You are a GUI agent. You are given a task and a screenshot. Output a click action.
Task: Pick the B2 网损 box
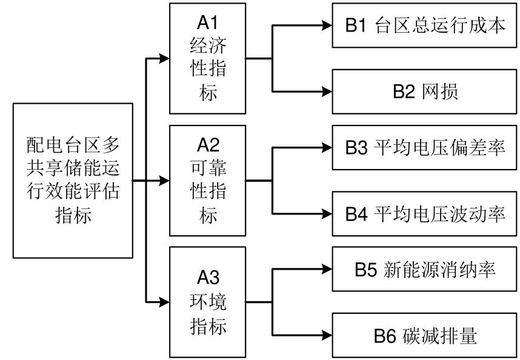point(425,92)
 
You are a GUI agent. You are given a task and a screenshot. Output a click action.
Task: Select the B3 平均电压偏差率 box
point(425,148)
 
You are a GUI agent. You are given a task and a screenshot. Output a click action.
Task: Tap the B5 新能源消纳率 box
point(425,270)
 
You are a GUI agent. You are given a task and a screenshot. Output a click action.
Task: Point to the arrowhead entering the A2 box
point(164,180)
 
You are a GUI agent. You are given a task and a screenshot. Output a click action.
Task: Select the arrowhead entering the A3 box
point(164,301)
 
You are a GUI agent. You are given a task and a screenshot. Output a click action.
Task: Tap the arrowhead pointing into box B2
point(327,92)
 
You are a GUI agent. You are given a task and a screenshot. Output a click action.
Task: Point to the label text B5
point(366,270)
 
